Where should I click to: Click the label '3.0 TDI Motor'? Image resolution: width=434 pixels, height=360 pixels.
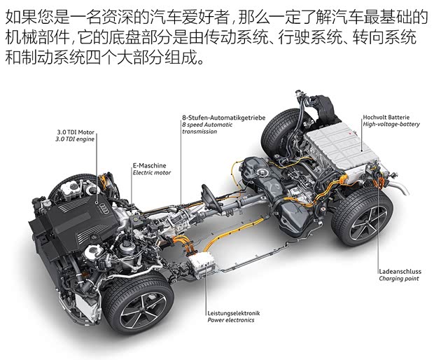click(75, 132)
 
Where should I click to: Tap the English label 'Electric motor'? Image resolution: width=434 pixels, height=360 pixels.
click(152, 172)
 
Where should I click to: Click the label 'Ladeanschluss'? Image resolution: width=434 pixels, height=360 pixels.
click(398, 271)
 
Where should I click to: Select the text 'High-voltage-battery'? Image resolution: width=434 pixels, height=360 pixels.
click(391, 125)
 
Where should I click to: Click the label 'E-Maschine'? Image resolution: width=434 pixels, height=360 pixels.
click(149, 165)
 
